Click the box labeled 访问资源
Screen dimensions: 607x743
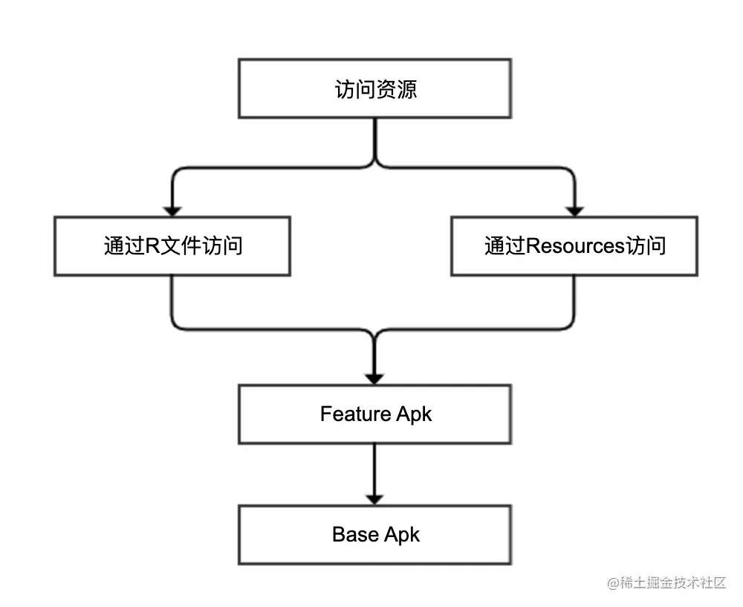[374, 89]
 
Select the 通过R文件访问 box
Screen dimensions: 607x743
[172, 246]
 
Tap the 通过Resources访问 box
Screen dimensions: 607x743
[574, 246]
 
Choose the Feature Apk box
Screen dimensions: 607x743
[374, 414]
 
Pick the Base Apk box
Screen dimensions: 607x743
[374, 535]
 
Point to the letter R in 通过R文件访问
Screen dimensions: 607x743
[152, 246]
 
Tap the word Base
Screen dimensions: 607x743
[355, 534]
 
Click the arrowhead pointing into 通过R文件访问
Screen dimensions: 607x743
[172, 210]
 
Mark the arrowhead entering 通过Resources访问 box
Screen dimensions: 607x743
[574, 210]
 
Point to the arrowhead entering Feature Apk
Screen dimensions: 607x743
[374, 378]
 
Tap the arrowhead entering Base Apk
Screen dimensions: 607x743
[374, 498]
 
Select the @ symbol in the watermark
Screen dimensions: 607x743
[613, 583]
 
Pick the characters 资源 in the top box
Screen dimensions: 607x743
[396, 89]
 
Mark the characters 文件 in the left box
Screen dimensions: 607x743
[182, 246]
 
